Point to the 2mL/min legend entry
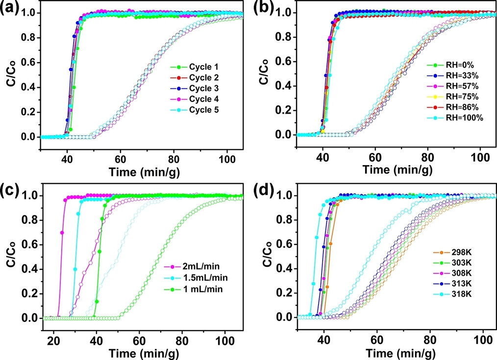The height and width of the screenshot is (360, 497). pos(193,267)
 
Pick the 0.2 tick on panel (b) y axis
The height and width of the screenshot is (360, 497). pos(284,111)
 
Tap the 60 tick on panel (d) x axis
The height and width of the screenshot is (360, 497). pos(377,330)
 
